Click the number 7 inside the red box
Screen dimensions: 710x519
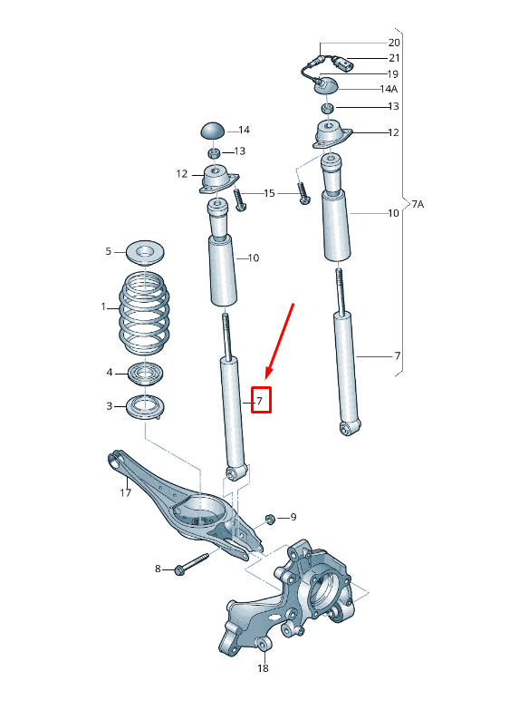coord(260,400)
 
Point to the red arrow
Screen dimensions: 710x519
coord(280,339)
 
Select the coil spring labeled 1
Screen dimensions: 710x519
coord(141,314)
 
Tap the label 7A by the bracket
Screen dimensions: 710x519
coord(418,204)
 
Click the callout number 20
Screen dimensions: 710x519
coord(393,43)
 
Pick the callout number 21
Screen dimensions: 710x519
coord(393,58)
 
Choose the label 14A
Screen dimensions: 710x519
coord(389,89)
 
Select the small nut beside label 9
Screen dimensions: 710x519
coord(269,520)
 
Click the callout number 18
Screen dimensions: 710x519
coord(263,668)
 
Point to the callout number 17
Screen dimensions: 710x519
coord(126,493)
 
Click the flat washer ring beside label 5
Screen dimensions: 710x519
coord(141,250)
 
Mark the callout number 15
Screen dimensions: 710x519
coord(269,193)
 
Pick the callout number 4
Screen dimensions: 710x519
coord(110,372)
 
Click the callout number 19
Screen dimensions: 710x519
coord(393,73)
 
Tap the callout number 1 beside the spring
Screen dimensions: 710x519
coord(103,307)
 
